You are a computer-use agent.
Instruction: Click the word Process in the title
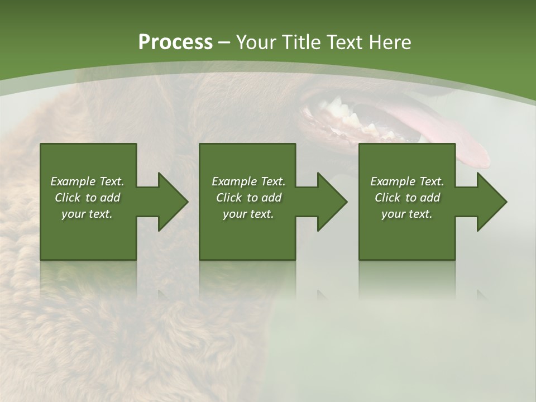[175, 42]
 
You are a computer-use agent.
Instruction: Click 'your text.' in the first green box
[87, 214]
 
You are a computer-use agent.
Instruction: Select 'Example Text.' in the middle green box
[248, 181]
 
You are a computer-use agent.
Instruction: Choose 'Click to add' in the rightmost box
[407, 198]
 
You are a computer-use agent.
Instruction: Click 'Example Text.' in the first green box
[87, 181]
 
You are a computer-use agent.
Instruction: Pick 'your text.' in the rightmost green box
[407, 214]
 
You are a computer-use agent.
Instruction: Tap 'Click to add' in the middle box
[248, 198]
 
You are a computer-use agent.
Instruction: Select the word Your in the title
[257, 42]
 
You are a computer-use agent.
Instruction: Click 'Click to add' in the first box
[87, 198]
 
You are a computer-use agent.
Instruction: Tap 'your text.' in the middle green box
[248, 214]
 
